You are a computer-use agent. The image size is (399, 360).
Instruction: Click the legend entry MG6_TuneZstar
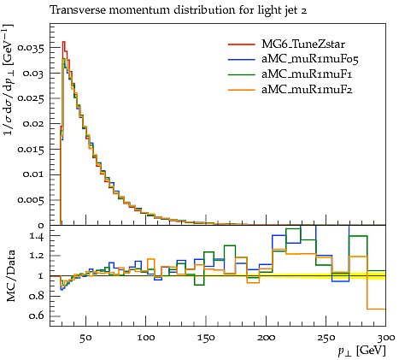pos(303,44)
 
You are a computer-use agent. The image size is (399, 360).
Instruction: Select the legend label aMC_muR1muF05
pos(309,59)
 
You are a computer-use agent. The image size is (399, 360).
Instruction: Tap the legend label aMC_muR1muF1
pos(307,74)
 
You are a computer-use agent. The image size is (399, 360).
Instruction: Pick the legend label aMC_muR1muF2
pos(307,90)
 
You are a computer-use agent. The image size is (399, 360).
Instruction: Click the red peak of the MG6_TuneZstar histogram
pos(64,42)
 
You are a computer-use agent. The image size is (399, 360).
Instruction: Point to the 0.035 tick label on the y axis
pos(31,48)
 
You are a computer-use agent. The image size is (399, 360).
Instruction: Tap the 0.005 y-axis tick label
pos(31,200)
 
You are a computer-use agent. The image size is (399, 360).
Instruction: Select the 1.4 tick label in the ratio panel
pos(37,236)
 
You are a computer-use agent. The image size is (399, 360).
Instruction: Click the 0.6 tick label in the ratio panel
pos(37,316)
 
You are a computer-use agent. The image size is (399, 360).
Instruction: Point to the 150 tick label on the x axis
pos(206,338)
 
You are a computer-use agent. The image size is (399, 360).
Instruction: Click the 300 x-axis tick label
pos(385,338)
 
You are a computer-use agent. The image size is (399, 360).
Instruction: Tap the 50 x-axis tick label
pos(85,338)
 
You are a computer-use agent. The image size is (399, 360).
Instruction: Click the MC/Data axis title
pos(10,276)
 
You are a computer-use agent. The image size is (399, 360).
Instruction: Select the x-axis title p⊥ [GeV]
pos(361,351)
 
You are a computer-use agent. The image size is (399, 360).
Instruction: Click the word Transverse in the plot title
pos(78,10)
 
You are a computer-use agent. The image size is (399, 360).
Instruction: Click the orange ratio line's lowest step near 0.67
pos(376,309)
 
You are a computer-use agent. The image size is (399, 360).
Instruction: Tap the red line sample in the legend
pos(241,44)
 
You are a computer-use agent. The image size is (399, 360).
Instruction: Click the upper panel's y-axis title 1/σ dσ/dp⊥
pos(9,80)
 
